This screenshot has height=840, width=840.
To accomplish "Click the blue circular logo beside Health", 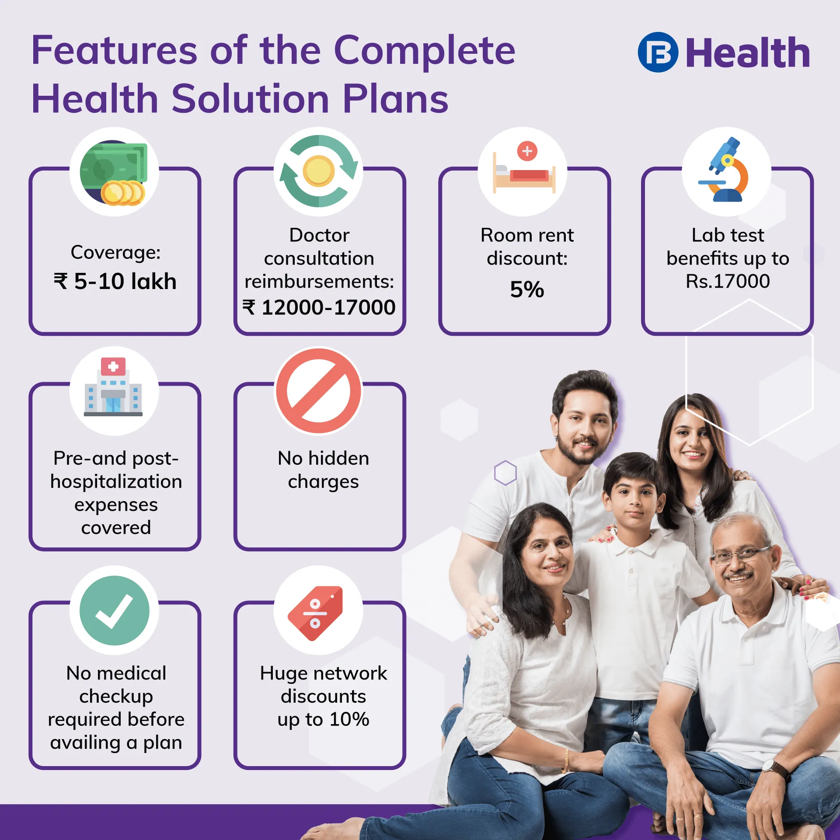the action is pos(658,52).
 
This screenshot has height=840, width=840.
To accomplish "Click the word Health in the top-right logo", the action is pos(748,53).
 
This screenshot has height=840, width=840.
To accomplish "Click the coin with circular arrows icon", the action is pos(318,171).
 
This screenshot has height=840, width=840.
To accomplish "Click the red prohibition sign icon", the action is pos(319,391).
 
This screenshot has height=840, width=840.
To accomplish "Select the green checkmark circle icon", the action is pos(115,610).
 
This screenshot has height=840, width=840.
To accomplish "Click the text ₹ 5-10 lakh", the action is pos(115,281).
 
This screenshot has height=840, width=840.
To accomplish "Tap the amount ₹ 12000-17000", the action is pos(319,307).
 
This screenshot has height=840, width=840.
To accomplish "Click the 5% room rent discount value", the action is pos(527,289).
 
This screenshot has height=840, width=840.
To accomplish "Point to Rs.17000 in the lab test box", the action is pos(728,281).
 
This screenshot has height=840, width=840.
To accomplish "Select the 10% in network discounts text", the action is pos(349,719).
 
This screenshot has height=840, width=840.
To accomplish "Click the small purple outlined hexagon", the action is pos(505,473).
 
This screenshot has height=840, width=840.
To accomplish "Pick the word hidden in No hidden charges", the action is pos(338,458).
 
